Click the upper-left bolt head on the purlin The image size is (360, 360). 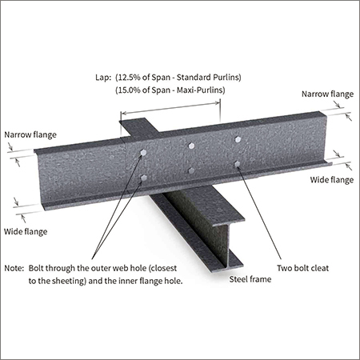click(x=143, y=153)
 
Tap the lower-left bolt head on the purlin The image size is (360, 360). click(x=143, y=178)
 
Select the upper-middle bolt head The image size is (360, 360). click(x=191, y=146)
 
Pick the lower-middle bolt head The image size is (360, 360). click(x=191, y=170)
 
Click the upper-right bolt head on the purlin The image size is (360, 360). click(x=238, y=139)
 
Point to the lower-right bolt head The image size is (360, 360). click(x=237, y=163)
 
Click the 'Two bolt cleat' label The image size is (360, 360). click(x=302, y=268)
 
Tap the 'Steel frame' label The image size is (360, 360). click(x=250, y=279)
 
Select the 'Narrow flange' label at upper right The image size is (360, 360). click(x=327, y=94)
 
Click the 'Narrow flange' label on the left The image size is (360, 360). click(x=30, y=134)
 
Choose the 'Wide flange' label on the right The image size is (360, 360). click(x=332, y=180)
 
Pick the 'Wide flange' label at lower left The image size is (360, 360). click(x=26, y=231)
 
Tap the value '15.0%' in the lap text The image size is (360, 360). click(x=129, y=90)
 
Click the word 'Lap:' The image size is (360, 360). click(x=103, y=78)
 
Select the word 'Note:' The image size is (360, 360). click(x=14, y=268)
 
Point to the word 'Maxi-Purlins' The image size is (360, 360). click(x=199, y=90)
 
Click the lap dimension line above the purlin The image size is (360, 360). click(x=170, y=108)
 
